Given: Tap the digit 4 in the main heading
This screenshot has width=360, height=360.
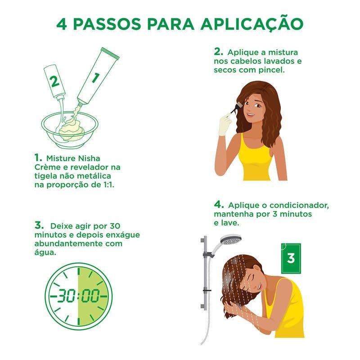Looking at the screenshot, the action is (62, 24).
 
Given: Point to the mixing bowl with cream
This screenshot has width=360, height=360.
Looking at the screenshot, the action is (69, 130).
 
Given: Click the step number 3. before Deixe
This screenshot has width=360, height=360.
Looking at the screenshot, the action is (39, 225).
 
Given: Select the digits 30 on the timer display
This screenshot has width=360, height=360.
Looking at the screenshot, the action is (66, 296).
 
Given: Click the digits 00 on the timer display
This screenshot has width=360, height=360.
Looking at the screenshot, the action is (91, 296).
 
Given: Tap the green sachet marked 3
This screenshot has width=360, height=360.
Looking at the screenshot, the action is (291, 258).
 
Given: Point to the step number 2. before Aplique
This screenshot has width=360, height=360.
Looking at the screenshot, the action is (218, 52).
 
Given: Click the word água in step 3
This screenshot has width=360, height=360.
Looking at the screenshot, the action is (45, 253).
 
